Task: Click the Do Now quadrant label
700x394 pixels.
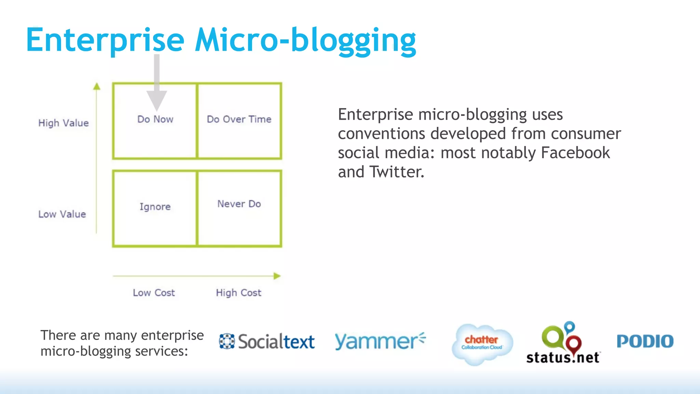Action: [x=155, y=119]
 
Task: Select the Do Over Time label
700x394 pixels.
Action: [x=239, y=119]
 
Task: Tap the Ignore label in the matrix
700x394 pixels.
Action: [x=155, y=207]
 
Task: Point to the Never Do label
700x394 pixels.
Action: [x=239, y=204]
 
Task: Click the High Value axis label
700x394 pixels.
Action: [x=64, y=123]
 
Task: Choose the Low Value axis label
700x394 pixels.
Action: [x=62, y=214]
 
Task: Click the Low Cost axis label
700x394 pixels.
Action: [x=154, y=293]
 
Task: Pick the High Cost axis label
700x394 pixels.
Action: [x=239, y=293]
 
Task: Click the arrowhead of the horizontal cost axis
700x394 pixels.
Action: [x=277, y=276]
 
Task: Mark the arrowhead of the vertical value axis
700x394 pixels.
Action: [x=97, y=86]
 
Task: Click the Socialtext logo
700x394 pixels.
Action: [x=267, y=341]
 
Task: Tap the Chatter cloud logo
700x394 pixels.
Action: [x=482, y=343]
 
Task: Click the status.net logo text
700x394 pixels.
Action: [x=563, y=357]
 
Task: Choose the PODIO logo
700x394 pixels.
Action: [x=645, y=341]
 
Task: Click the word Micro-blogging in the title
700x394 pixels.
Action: [x=305, y=40]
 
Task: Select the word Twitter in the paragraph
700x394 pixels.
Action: [x=396, y=172]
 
